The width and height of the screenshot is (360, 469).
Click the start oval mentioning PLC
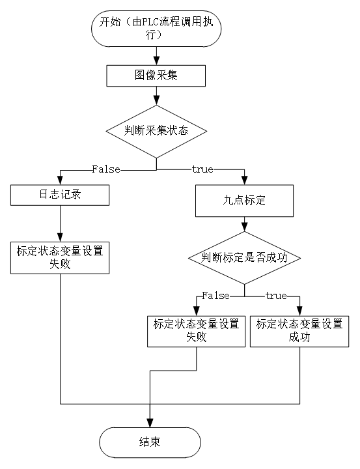(x=156, y=29)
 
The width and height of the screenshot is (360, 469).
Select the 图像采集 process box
(x=156, y=76)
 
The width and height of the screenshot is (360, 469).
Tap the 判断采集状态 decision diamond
(x=156, y=132)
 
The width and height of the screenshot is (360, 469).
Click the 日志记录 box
(x=60, y=195)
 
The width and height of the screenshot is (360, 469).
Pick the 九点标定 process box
(x=244, y=201)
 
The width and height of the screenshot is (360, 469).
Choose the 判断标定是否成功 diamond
(x=244, y=258)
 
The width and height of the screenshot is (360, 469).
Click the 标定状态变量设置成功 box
(x=299, y=332)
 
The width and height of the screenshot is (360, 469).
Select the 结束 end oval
(x=150, y=442)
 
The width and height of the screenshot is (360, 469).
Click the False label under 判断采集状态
(x=106, y=169)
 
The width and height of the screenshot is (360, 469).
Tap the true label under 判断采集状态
(x=202, y=169)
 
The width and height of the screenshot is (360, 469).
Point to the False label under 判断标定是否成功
(x=215, y=296)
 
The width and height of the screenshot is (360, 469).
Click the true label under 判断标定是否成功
(x=276, y=296)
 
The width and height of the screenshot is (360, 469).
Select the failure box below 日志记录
(x=60, y=258)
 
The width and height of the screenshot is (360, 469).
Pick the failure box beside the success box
(x=196, y=332)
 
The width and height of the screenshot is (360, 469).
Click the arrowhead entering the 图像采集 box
(x=156, y=61)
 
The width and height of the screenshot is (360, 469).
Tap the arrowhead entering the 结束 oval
(x=150, y=423)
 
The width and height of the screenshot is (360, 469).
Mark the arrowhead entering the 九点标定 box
(x=244, y=180)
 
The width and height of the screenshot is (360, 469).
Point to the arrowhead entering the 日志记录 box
(x=60, y=180)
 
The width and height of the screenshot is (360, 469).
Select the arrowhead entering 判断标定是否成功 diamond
(x=244, y=227)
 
